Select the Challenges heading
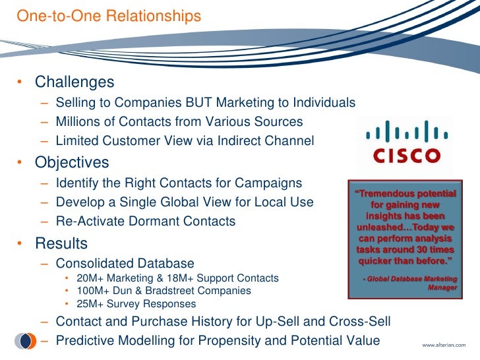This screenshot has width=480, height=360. (75, 83)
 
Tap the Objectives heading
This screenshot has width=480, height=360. (72, 162)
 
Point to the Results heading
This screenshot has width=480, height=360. (61, 244)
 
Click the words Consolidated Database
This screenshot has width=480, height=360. (125, 264)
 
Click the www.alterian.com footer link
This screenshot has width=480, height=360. (442, 345)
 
